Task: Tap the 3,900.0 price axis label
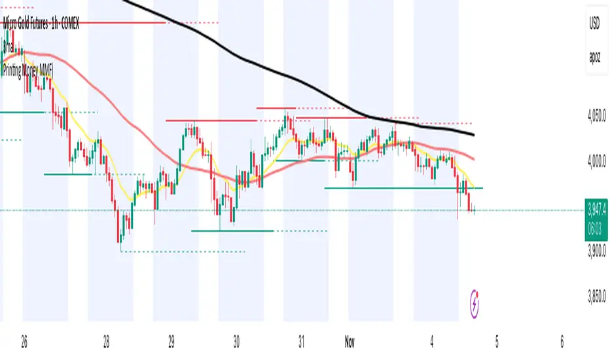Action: click(596, 251)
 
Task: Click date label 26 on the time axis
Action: click(24, 342)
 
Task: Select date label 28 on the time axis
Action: click(106, 342)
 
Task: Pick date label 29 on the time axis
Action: click(171, 342)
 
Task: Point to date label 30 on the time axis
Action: click(236, 342)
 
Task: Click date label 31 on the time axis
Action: click(301, 342)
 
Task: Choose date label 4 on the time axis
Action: click(432, 342)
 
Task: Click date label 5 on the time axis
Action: click(497, 342)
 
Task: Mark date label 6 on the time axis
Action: click(562, 342)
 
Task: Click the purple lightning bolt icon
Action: click(475, 304)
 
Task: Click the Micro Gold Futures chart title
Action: click(41, 25)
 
